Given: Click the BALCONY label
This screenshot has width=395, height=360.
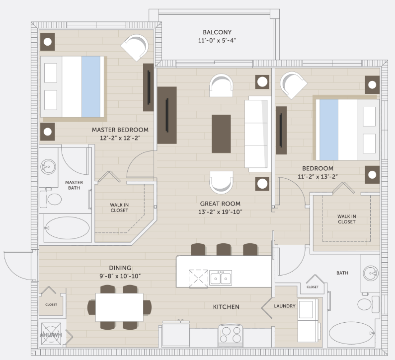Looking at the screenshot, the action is point(217,32).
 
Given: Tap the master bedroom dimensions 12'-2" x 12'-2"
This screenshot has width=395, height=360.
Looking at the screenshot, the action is point(120,138).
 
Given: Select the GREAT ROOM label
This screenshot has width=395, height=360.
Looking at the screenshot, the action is point(220,204).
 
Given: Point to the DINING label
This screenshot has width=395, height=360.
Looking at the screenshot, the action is point(120,268).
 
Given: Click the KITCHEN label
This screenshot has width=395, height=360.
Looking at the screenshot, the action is point(226,307).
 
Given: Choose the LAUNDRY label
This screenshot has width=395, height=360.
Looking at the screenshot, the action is point(285,306).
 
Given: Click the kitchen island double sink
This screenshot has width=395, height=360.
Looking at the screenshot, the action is point(221,278).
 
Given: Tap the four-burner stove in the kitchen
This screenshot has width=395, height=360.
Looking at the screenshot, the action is point(231,336).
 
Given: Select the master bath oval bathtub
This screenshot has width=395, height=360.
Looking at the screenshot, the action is point(68,228).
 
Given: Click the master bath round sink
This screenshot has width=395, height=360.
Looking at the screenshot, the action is point(48,166).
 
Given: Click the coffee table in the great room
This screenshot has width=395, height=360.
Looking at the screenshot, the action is point(221,134).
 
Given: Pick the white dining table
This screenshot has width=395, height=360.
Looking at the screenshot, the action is point(119,307).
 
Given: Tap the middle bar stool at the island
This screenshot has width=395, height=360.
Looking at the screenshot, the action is point(224,249).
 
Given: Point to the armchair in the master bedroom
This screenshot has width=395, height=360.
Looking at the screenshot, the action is point(135,48).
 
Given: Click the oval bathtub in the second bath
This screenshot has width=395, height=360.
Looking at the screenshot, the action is point(352,333).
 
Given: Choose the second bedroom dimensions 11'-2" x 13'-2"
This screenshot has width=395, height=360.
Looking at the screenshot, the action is point(317,177).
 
